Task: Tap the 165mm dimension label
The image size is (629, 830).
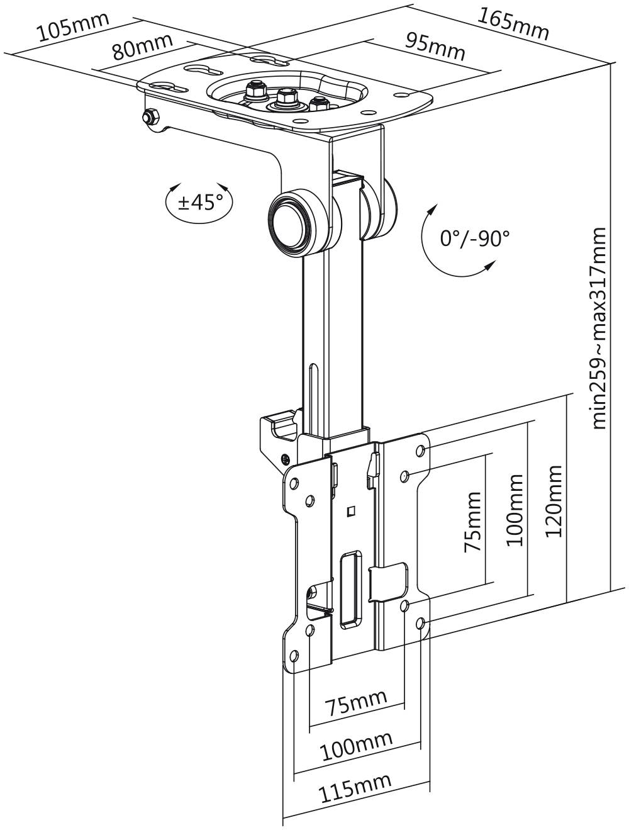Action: (512, 23)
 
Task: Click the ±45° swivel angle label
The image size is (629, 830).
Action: (200, 202)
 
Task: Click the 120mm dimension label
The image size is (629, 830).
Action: (553, 502)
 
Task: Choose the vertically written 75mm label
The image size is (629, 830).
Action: (472, 522)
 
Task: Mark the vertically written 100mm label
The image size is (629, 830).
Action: (515, 510)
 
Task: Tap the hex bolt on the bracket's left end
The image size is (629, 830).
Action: (150, 116)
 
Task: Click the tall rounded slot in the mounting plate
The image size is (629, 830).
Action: (350, 590)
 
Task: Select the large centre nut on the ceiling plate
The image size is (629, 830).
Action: (287, 97)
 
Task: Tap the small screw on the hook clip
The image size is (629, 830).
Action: (286, 457)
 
